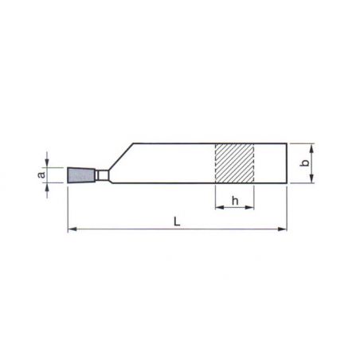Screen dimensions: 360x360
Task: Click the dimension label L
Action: [177, 221]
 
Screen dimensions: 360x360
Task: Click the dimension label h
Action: [235, 201]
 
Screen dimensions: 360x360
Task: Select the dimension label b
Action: [305, 162]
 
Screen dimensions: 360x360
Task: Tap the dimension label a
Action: [41, 175]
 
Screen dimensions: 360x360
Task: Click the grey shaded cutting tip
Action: [81, 175]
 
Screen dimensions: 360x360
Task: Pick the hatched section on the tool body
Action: [234, 163]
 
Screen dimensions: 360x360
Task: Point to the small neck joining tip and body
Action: [102, 175]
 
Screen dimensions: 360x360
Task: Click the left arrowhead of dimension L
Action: [72, 229]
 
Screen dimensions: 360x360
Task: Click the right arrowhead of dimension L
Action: [283, 229]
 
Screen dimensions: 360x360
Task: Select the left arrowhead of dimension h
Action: [219, 207]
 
